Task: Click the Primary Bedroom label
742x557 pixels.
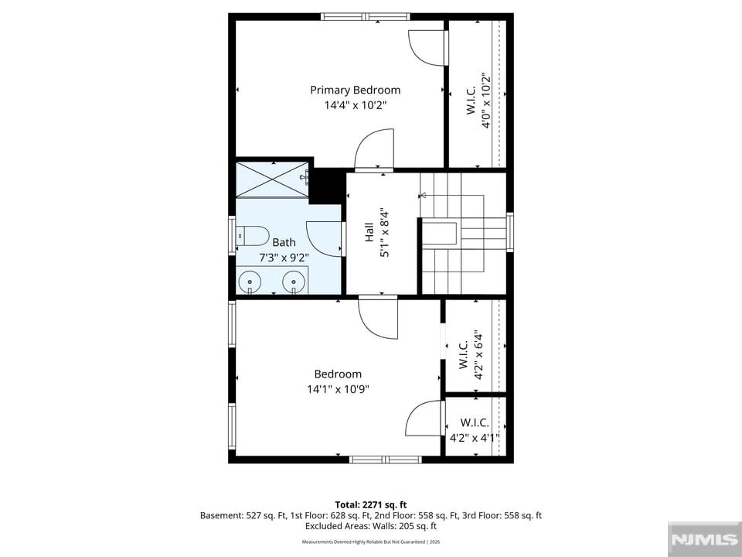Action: pos(355,90)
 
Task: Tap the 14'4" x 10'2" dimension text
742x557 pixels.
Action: pos(356,105)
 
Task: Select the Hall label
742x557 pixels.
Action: pos(369,233)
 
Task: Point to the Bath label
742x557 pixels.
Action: pos(284,242)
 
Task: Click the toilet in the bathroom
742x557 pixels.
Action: pos(252,235)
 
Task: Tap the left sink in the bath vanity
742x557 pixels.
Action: pos(250,283)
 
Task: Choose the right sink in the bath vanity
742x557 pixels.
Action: pos(294,283)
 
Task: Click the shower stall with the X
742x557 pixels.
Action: pos(272,179)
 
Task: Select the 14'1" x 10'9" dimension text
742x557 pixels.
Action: pos(338,389)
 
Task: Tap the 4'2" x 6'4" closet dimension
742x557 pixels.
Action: pos(478,355)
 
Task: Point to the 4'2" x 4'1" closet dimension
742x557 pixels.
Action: pos(475,438)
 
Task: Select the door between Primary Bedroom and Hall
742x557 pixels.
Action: pos(374,149)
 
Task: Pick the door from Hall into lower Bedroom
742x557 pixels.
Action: pos(378,317)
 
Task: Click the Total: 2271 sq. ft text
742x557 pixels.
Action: pos(371,505)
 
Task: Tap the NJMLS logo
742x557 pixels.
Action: pos(705,539)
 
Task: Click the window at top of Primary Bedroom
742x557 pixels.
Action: pos(366,16)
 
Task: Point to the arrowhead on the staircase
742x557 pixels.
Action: pos(422,195)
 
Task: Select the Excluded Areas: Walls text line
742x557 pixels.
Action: pos(371,526)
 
